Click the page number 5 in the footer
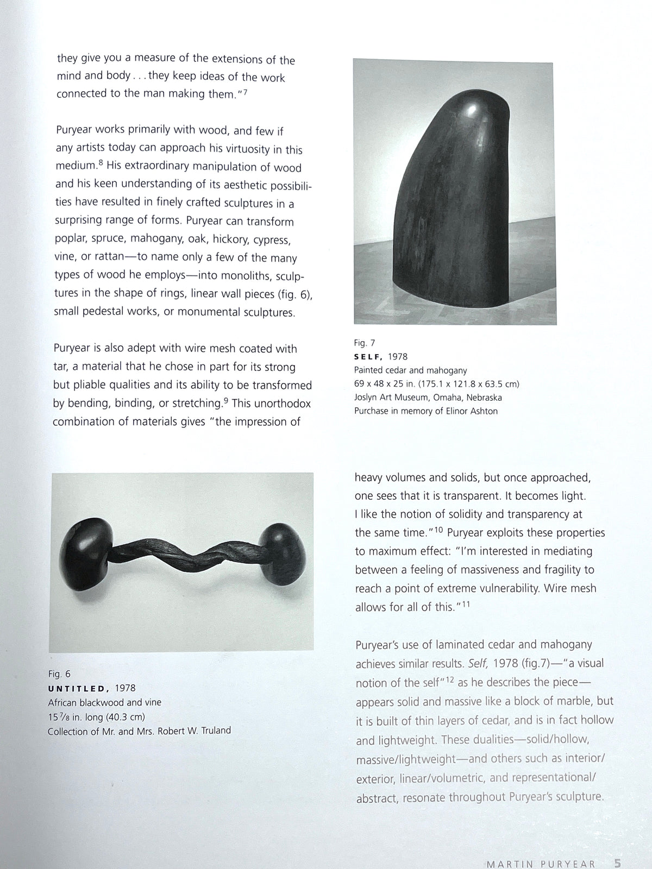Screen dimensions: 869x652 click(617, 849)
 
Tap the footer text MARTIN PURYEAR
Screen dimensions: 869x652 click(541, 849)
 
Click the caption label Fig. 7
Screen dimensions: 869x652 click(365, 343)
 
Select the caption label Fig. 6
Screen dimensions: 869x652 click(59, 674)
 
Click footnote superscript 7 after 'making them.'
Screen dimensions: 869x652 click(246, 91)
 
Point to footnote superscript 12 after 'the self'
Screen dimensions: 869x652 click(450, 679)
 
